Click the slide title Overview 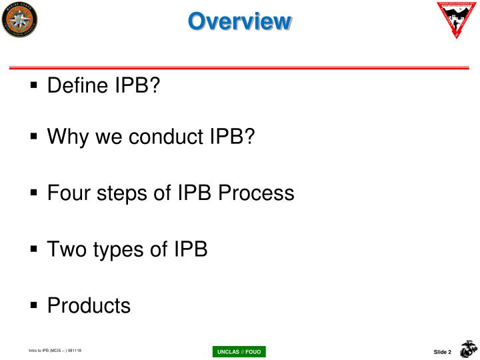coord(239,22)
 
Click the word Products coord(89,306)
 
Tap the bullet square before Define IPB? coord(35,87)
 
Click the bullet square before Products coord(35,307)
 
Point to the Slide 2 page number coord(443,352)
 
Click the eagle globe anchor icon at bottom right coord(469,349)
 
